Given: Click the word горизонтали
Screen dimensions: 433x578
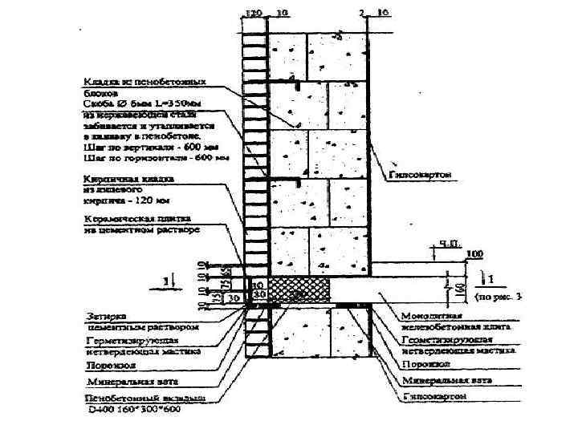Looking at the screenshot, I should pyautogui.click(x=153, y=158).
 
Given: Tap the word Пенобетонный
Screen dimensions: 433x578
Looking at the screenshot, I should pyautogui.click(x=120, y=399).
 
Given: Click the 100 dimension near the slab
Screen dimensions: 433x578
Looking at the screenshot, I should pyautogui.click(x=476, y=254).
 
